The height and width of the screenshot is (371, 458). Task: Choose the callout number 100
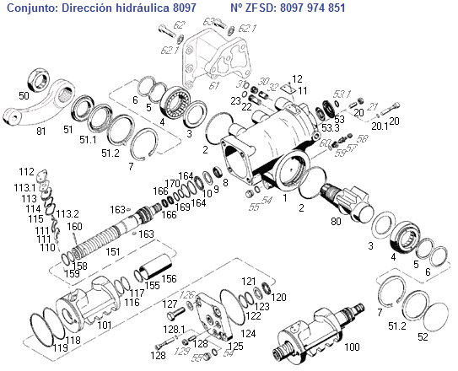click(x=353, y=347)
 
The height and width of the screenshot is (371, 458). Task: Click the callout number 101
click(x=105, y=324)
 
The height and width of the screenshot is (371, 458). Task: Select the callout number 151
click(x=111, y=252)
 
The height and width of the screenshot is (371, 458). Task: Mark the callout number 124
click(x=250, y=335)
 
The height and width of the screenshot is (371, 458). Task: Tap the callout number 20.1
click(x=380, y=126)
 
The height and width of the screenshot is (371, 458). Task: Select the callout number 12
click(x=297, y=79)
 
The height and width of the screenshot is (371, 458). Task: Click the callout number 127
click(x=170, y=304)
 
